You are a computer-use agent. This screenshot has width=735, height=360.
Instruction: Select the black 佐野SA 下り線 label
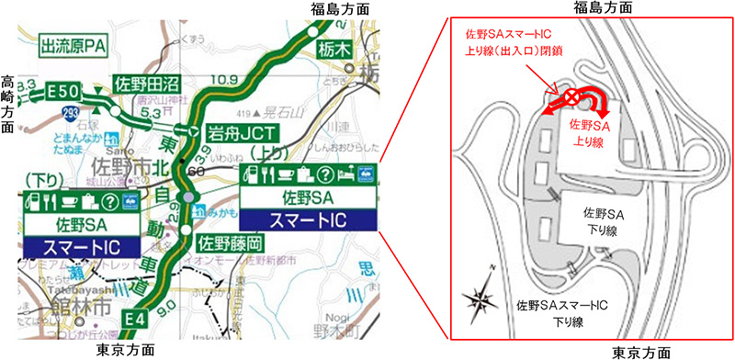[605, 219]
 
